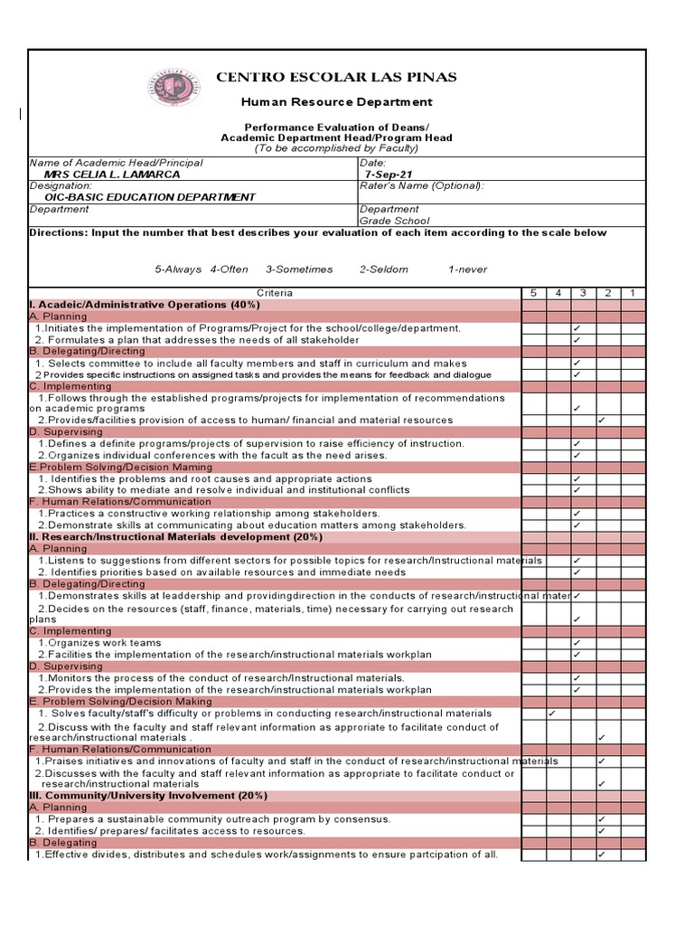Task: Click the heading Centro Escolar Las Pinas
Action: pyautogui.click(x=336, y=77)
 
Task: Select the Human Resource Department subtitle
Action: pyautogui.click(x=336, y=102)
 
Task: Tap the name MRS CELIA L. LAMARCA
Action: pyautogui.click(x=111, y=175)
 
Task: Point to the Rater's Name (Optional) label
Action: pyautogui.click(x=421, y=185)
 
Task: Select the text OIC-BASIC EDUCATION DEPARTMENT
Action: pyautogui.click(x=150, y=197)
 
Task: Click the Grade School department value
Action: pyautogui.click(x=394, y=221)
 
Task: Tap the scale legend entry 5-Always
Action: pyautogui.click(x=178, y=269)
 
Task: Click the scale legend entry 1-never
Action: pyautogui.click(x=467, y=269)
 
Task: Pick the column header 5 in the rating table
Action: pyautogui.click(x=533, y=293)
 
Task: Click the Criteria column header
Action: pyautogui.click(x=275, y=293)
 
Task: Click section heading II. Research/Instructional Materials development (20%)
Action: pyautogui.click(x=175, y=536)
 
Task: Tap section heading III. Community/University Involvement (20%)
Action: pyautogui.click(x=148, y=796)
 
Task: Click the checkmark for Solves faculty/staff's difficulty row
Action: pyautogui.click(x=552, y=713)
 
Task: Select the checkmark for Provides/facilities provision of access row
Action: pyautogui.click(x=602, y=420)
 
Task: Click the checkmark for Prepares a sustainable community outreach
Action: pyautogui.click(x=602, y=819)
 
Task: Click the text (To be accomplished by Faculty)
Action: pyautogui.click(x=336, y=148)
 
